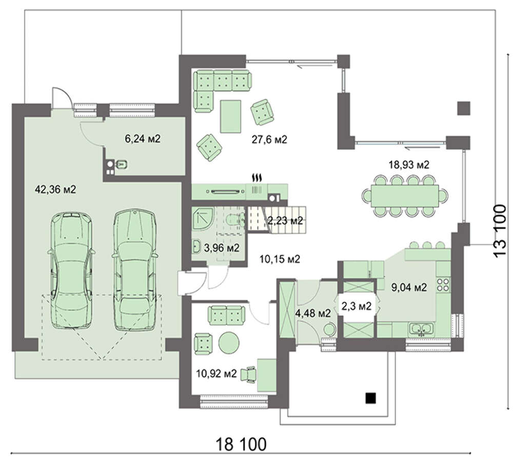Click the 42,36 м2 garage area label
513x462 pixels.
coord(55,189)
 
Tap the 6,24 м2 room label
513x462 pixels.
coord(143,139)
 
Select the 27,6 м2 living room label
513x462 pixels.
coord(269,140)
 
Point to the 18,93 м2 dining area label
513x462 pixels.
coord(409,165)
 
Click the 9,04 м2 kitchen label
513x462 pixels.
coord(409,287)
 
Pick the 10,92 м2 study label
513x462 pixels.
coord(216,373)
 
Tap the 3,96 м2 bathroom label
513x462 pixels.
coord(222,248)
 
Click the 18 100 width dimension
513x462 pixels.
coord(241,445)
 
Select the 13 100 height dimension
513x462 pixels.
coord(500,232)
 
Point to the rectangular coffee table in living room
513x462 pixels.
coord(231,116)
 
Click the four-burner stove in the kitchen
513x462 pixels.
coord(444,284)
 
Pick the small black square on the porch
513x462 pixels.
coord(371,398)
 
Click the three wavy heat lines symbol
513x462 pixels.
coord(256,178)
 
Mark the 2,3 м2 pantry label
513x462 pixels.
coord(357,306)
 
